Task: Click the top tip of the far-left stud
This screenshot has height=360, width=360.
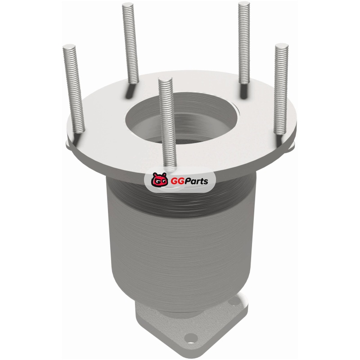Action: click(69, 46)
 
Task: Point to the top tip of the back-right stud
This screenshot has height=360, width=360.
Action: click(244, 3)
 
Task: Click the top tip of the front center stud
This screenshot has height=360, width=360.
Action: click(165, 79)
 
